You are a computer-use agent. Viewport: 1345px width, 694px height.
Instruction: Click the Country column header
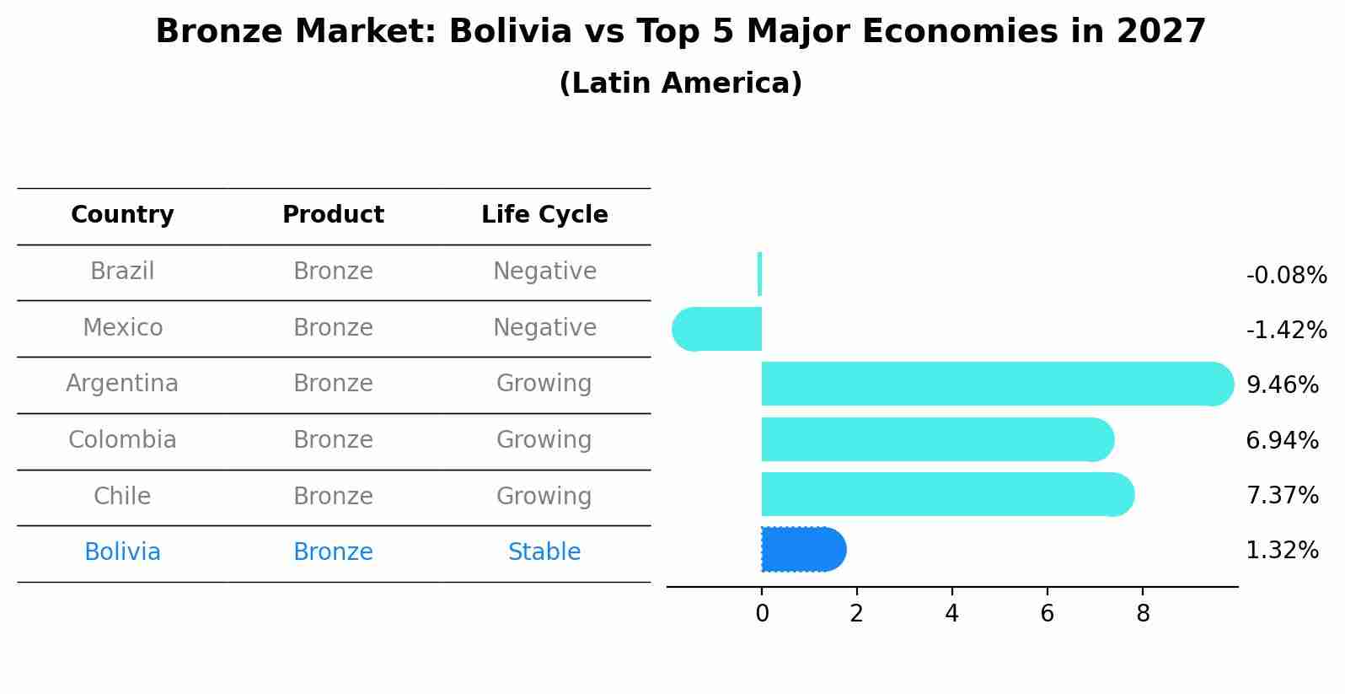[x=122, y=215]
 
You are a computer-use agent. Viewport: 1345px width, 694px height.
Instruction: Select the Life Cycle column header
[x=544, y=215]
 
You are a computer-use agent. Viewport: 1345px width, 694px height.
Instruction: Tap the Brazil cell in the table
[x=122, y=272]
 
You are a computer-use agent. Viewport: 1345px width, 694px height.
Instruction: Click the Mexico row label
[x=122, y=328]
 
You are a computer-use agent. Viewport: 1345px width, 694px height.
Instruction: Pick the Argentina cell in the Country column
[x=122, y=384]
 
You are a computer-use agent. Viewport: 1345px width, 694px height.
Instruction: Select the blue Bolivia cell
[x=122, y=552]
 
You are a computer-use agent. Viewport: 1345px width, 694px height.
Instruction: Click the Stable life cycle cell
[x=544, y=552]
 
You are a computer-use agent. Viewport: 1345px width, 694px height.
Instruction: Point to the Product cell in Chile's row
[x=333, y=497]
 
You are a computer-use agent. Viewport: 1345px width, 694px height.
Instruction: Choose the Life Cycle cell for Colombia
[x=544, y=440]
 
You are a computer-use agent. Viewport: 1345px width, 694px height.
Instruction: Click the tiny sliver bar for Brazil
[x=760, y=274]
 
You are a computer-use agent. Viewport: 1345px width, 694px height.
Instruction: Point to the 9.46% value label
[x=1282, y=385]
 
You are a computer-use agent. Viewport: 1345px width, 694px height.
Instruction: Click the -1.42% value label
[x=1286, y=330]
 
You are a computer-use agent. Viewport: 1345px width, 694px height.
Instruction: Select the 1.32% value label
[x=1282, y=551]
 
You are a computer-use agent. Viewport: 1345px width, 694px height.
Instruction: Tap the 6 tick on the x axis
[x=1047, y=614]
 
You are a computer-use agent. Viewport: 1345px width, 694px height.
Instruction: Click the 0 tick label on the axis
[x=762, y=614]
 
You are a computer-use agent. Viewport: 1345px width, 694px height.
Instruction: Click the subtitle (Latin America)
[x=680, y=83]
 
